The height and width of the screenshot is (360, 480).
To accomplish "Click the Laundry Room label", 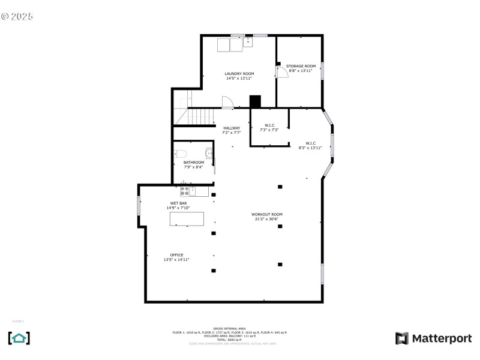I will tap(239, 76).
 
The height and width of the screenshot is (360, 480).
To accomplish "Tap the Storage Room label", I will tap(301, 68).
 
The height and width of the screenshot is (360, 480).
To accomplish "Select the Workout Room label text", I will tap(267, 217).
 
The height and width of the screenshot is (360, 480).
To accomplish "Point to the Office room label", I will tap(176, 257).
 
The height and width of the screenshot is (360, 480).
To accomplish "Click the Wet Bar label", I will tap(178, 205).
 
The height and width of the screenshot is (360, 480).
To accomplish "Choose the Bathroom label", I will tap(193, 164).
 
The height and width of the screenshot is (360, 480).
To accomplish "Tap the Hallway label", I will tap(232, 130).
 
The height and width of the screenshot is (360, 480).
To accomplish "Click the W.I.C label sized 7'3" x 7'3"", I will tap(269, 127).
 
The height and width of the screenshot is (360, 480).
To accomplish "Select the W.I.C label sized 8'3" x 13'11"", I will tap(310, 145).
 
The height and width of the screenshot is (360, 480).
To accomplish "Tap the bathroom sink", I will tap(208, 153).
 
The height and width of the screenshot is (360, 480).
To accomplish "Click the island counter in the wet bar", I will tap(187, 218).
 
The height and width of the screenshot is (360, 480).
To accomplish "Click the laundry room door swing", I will tap(227, 103).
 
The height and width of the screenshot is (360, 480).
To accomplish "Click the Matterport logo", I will tap(433, 338).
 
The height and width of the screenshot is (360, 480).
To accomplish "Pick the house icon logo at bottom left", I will tap(19, 338).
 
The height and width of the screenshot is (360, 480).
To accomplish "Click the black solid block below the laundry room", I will tap(256, 102).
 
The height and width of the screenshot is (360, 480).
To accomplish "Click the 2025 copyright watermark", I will tap(17, 16).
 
